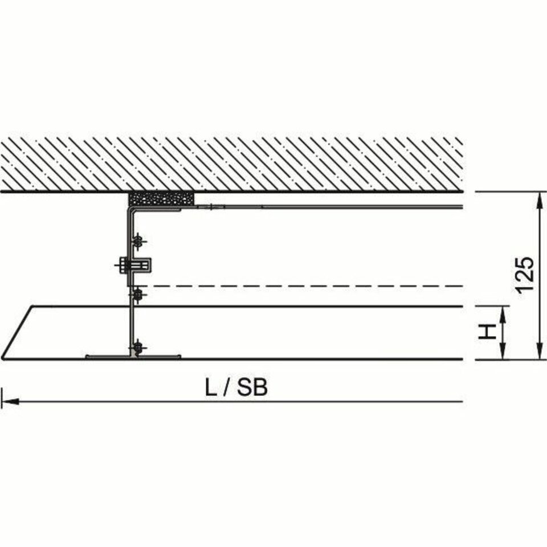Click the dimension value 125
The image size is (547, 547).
525,276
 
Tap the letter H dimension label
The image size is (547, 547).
487,332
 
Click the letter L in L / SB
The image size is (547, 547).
211,387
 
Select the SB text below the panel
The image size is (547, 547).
252,387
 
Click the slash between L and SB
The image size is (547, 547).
227,387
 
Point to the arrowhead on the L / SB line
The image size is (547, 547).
10,402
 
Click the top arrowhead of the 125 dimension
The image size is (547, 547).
540,201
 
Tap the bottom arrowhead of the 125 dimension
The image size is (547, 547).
540,350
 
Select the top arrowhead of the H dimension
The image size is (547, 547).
503,315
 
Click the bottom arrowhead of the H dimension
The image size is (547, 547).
503,351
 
